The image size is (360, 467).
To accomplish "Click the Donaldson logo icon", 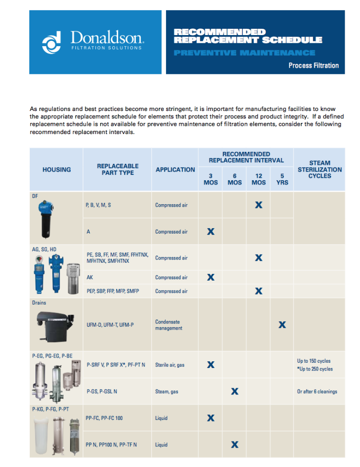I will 52,42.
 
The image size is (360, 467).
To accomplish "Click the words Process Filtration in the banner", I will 313,65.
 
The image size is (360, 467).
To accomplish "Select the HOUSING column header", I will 57,170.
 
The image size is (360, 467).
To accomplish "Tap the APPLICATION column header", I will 175,170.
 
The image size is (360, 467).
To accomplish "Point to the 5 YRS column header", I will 282,179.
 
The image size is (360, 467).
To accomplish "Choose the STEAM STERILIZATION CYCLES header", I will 320,170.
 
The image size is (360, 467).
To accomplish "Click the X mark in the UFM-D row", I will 282,325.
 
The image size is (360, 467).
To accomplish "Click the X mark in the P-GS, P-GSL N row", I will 235,392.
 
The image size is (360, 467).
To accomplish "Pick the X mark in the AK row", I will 210,277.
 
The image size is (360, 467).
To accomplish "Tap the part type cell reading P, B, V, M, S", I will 98,205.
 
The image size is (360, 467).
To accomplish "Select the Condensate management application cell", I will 168,325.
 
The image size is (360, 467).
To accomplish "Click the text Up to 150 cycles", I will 314,361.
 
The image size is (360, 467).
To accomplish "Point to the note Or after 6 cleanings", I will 317,392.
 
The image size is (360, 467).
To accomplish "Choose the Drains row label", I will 39,303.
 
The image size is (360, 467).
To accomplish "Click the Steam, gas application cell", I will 167,392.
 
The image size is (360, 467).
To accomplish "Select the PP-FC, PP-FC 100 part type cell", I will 104,418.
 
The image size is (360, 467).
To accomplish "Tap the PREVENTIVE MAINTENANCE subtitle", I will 244,53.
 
